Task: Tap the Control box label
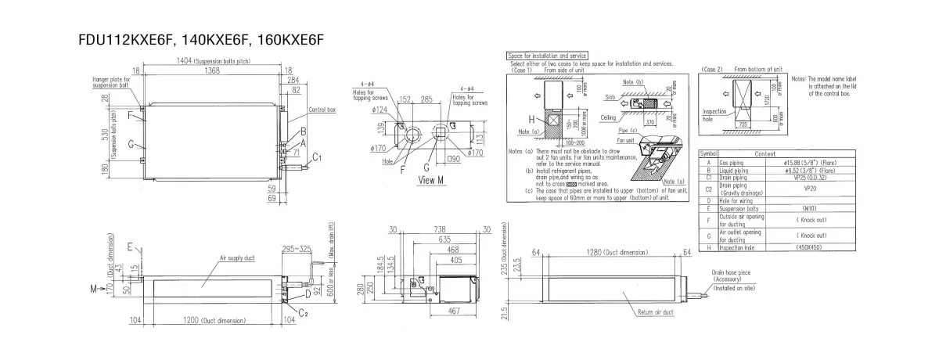click(322, 110)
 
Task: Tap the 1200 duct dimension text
click(207, 321)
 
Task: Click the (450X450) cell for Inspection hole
click(811, 247)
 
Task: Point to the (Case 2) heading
click(712, 69)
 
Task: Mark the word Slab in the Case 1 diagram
click(611, 98)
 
